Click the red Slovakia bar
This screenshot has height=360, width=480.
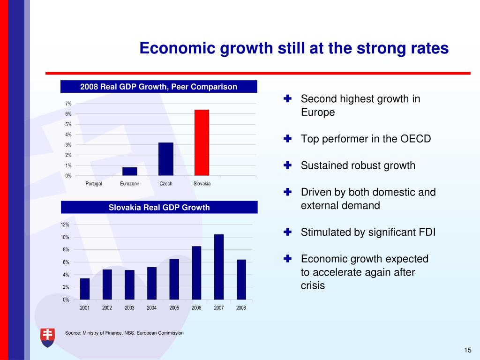202,142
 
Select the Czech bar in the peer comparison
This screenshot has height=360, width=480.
166,159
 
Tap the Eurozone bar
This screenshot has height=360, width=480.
130,171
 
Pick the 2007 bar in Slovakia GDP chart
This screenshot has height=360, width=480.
219,267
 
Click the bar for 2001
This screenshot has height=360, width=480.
85,289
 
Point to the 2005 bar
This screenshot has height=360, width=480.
174,279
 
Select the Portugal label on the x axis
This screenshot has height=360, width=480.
94,183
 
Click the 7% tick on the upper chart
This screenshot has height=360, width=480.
68,104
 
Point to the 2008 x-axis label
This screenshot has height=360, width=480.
241,308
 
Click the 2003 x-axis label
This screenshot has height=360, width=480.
129,308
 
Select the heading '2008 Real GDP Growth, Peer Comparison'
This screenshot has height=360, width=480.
159,87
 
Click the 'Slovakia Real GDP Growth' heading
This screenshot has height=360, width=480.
159,207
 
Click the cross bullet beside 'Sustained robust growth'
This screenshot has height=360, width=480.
288,165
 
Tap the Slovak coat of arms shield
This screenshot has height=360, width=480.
47,337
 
